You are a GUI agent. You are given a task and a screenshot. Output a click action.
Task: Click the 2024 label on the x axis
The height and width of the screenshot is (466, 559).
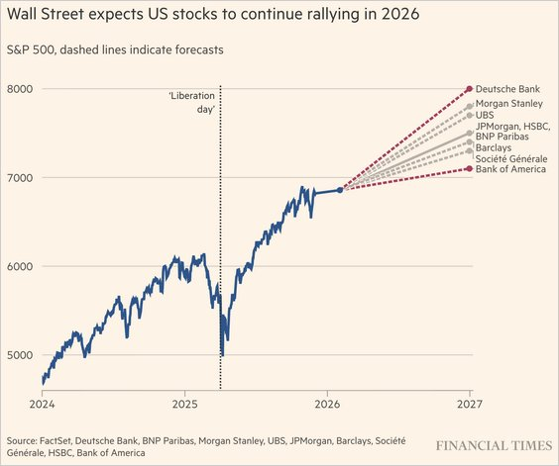(43, 405)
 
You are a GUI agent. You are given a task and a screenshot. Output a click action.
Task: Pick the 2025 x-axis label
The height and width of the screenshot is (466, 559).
(185, 405)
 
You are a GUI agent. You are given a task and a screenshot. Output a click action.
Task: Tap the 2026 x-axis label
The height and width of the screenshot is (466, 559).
(327, 405)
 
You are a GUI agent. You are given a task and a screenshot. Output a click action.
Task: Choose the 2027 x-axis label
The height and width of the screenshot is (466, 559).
(470, 405)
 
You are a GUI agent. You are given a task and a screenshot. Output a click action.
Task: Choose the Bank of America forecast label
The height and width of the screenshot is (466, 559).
(511, 170)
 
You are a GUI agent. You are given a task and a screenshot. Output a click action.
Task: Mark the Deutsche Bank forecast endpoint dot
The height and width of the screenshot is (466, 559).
(469, 89)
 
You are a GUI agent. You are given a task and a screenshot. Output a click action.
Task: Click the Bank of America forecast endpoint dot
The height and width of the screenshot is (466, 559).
(469, 169)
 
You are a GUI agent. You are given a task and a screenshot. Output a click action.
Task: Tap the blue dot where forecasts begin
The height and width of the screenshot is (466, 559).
(341, 190)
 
